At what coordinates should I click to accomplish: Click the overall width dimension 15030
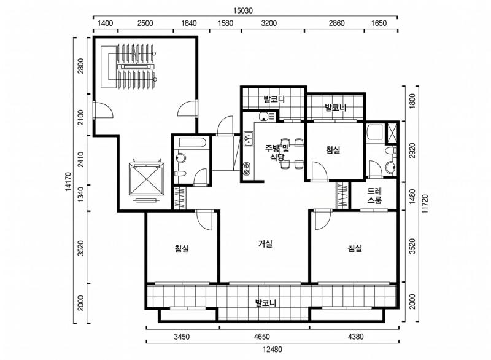coord(242,10)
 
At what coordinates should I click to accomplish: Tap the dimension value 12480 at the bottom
coord(272,350)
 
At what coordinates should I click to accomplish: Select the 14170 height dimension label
coord(69,181)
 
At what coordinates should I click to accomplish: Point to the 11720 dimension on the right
coord(425,204)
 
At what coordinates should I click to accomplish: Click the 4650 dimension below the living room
coord(262,337)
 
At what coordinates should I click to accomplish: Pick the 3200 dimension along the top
coord(269,23)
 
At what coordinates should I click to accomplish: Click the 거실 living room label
coord(266,243)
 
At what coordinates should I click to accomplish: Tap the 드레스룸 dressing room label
coord(374,196)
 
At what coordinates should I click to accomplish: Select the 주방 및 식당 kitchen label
coord(277,152)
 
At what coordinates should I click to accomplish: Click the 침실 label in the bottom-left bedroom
coord(182,249)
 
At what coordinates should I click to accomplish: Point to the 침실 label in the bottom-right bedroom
coord(355,248)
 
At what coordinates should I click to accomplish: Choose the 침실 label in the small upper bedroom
coord(333,150)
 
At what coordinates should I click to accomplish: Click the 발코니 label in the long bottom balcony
coord(266,303)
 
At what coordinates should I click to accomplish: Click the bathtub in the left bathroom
coord(192,143)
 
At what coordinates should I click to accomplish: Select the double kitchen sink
coord(249,139)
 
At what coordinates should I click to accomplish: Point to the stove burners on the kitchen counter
coord(247,168)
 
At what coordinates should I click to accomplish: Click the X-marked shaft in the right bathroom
coord(392,131)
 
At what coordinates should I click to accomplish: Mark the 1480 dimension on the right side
coord(412,197)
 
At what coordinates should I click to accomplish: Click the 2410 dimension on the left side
coord(81,159)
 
